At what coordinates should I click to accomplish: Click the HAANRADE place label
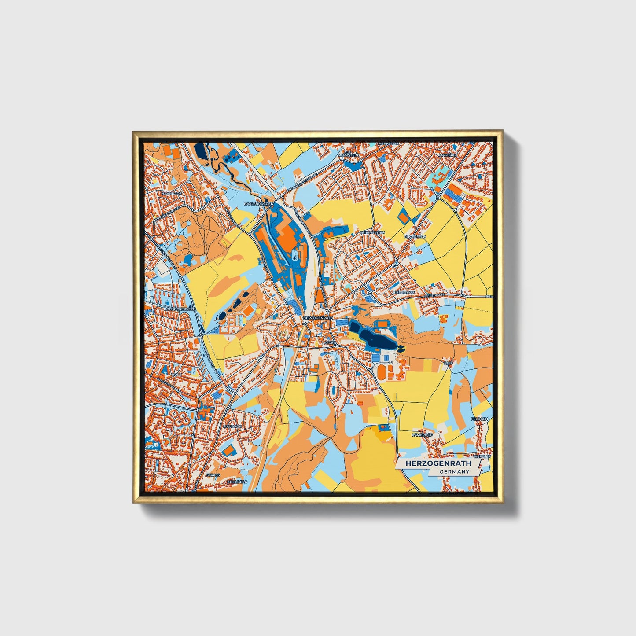(172, 193)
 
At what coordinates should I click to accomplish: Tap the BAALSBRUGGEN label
(259, 204)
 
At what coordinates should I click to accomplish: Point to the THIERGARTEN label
(372, 232)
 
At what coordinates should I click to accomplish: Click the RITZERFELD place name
(415, 236)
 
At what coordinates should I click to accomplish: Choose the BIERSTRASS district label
(403, 292)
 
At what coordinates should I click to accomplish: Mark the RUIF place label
(449, 363)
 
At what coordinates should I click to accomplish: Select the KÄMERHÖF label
(422, 435)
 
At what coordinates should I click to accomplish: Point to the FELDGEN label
(479, 419)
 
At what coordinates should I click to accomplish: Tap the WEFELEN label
(482, 457)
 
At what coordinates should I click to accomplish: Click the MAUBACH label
(232, 426)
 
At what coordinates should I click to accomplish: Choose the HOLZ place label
(177, 374)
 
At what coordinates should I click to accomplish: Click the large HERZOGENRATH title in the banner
(438, 463)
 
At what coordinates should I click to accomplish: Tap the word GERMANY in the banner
(454, 471)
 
